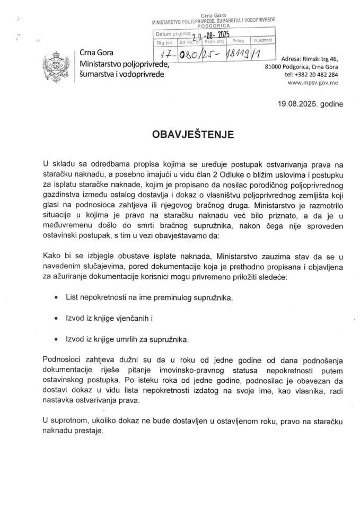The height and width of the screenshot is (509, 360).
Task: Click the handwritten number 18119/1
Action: (255, 54)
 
